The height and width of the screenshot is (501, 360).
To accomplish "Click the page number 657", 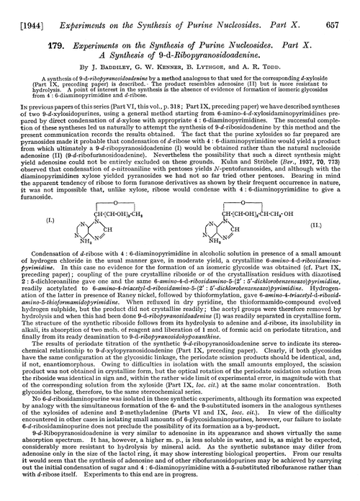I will pyautogui.click(x=344, y=12).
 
